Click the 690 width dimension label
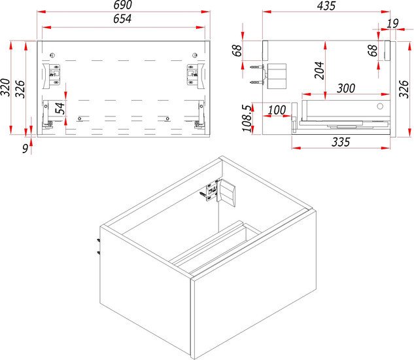123,5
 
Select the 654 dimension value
122,19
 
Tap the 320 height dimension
5,88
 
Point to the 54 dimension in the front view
60,108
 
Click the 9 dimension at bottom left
25,149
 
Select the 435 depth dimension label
326,6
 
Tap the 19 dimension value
392,24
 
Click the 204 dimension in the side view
319,70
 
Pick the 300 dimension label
346,88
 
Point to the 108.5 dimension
247,118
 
